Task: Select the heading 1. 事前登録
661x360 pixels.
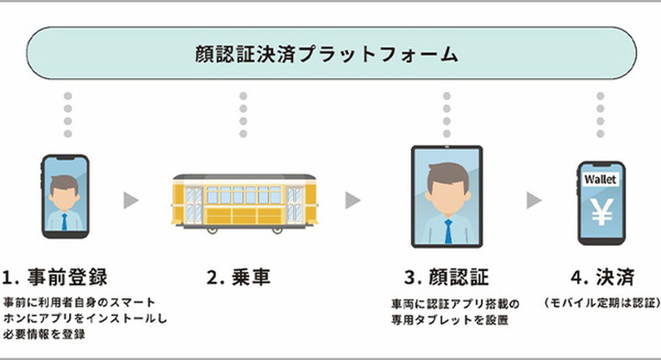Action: coord(55,278)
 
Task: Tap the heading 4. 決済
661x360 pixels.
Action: coord(602,278)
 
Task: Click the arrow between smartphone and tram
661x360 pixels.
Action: coord(131,200)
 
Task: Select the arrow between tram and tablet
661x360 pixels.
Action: coord(353,200)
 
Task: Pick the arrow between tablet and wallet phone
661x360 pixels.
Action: coord(534,200)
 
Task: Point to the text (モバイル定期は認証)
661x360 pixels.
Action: coord(602,303)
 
